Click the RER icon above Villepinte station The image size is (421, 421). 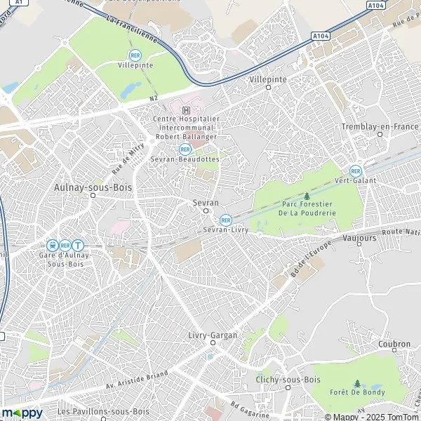(x=134, y=55)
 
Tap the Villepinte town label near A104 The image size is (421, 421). (x=268, y=80)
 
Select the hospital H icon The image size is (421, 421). (x=185, y=110)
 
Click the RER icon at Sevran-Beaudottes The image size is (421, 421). (x=185, y=149)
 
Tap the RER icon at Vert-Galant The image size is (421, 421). (x=356, y=171)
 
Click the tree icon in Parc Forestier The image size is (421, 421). (x=307, y=196)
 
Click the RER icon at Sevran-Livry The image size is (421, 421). (x=225, y=220)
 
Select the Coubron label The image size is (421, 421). (x=394, y=345)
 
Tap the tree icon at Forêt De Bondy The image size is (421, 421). (x=357, y=384)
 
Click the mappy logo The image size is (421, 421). (x=22, y=413)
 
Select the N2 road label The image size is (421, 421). (x=154, y=99)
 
